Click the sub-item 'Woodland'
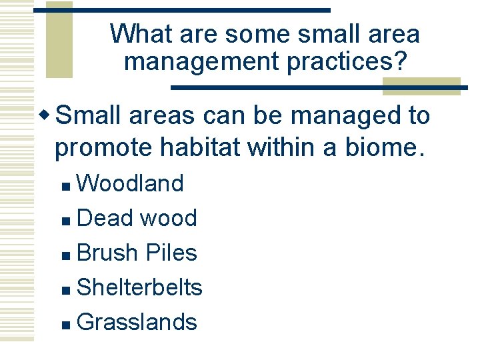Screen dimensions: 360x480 (x=130, y=183)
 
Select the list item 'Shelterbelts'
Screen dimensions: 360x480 (x=139, y=287)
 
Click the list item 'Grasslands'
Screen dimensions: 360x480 (x=137, y=322)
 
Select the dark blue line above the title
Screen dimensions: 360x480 (x=181, y=10)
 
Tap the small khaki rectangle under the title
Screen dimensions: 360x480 (x=407, y=86)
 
